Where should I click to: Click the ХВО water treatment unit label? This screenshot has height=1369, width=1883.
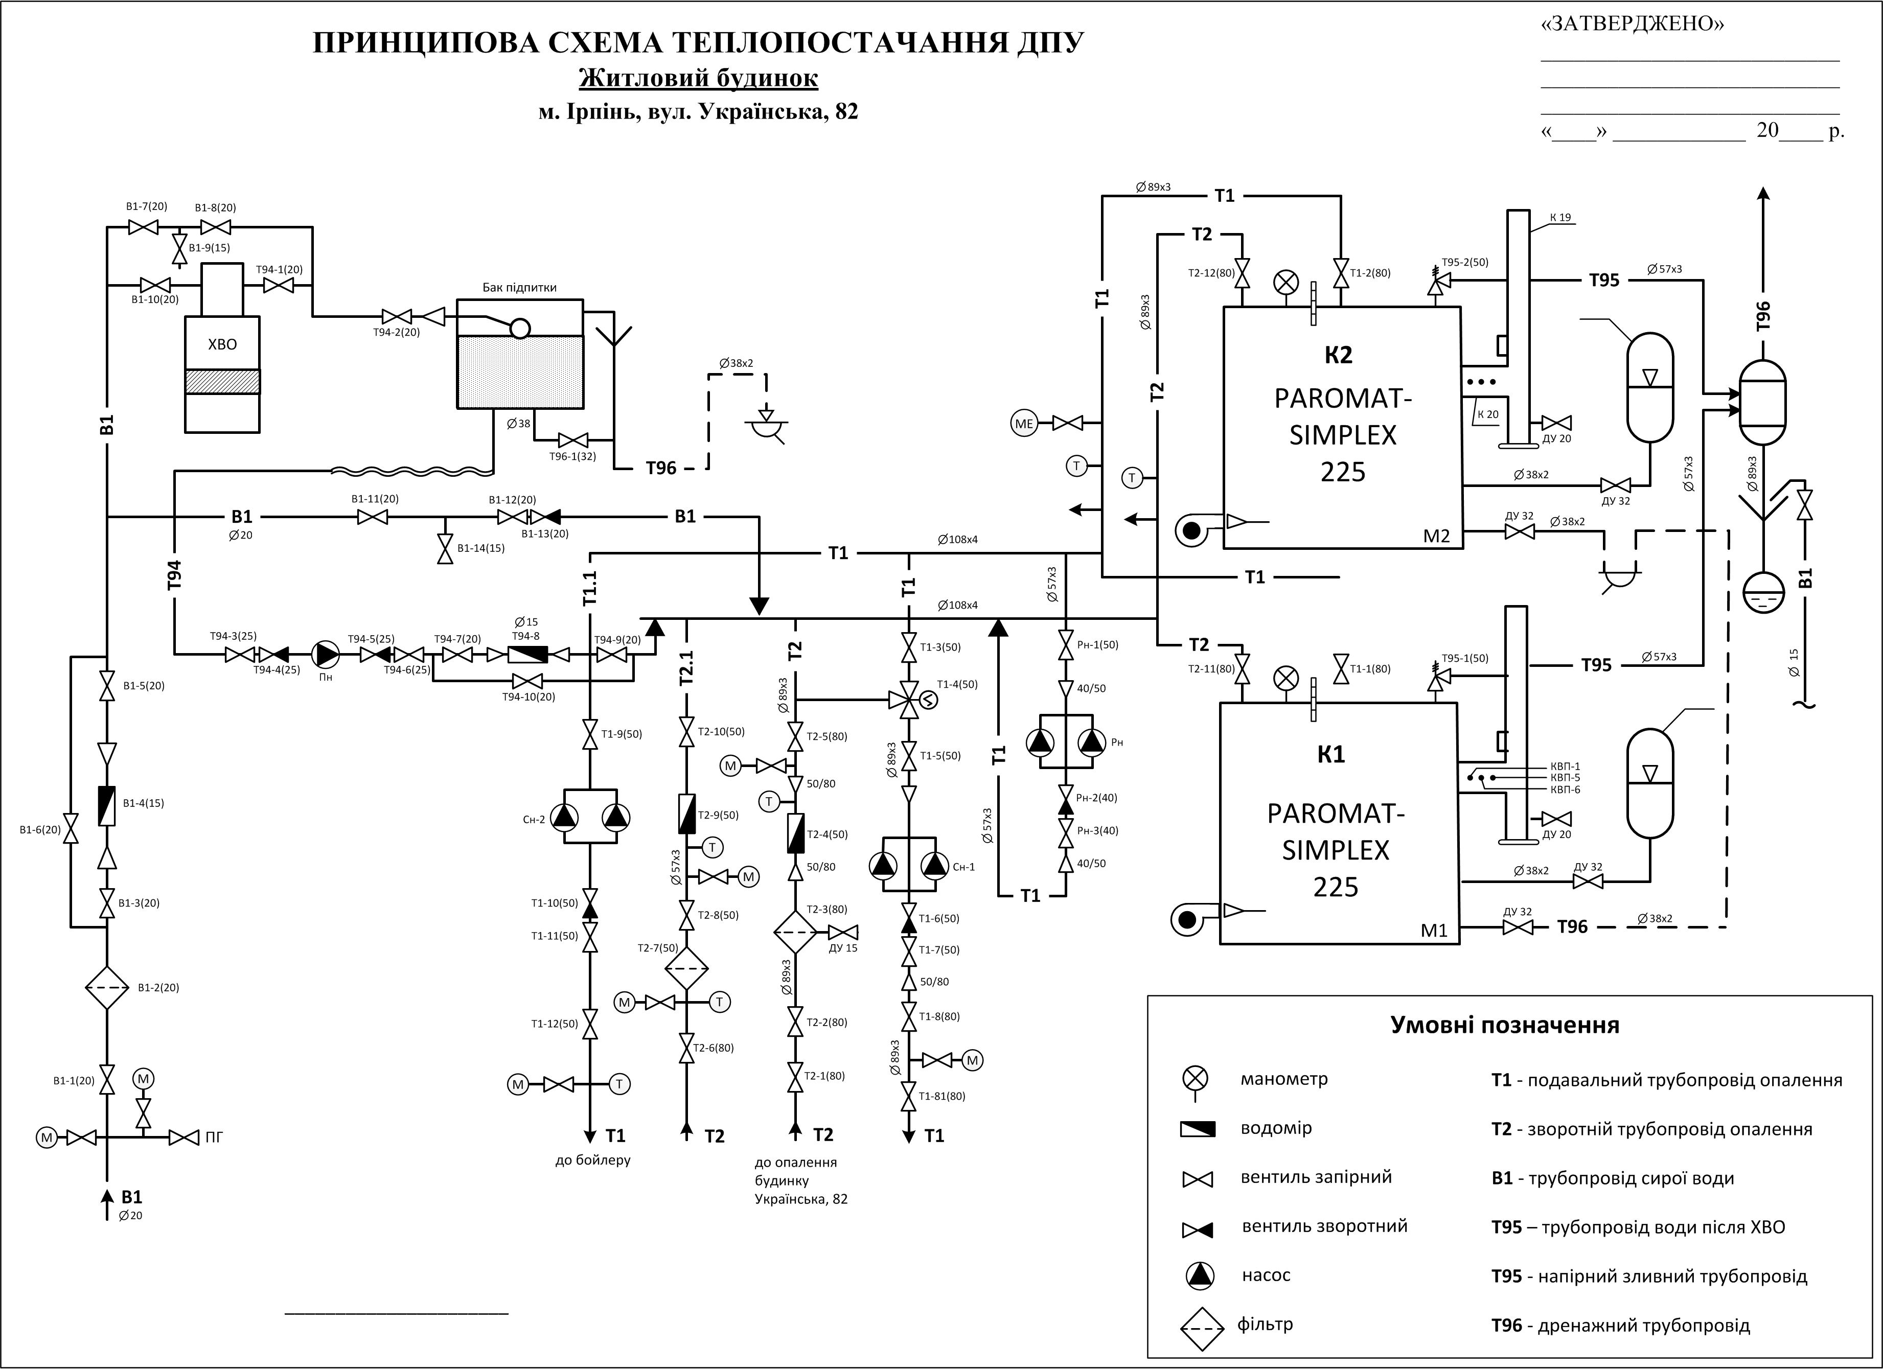pos(222,344)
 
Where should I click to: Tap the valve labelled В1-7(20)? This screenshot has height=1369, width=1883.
pos(144,227)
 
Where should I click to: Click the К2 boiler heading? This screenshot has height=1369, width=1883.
pos(1338,355)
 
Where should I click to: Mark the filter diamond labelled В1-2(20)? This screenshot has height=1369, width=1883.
pos(107,988)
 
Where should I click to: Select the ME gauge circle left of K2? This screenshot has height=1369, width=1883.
pos(1024,424)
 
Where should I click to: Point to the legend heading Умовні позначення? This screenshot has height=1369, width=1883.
pos(1504,1025)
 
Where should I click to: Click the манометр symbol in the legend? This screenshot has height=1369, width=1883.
pos(1196,1079)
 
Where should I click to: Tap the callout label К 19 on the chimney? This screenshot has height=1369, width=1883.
pos(1560,218)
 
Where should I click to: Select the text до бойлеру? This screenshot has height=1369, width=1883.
pos(593,1160)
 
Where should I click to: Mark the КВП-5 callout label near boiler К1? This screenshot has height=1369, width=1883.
pos(1565,778)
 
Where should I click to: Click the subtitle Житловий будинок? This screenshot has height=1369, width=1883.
pos(698,79)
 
